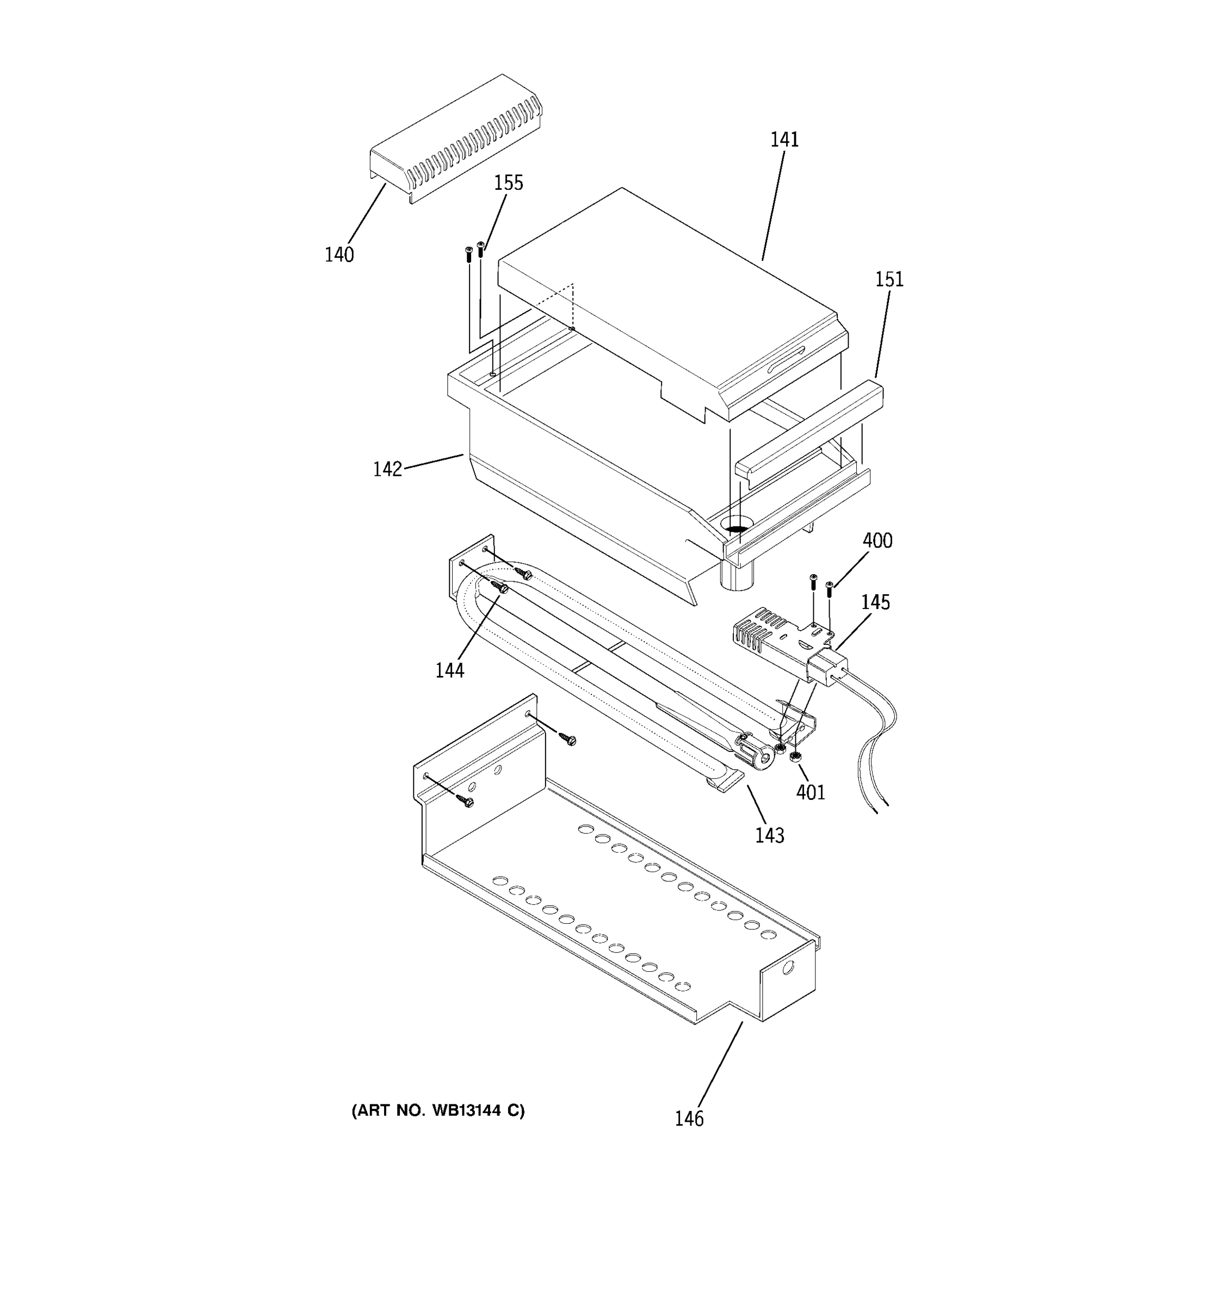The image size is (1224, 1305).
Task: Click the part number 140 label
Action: pyautogui.click(x=339, y=254)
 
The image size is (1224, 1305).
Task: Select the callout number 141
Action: pyautogui.click(x=784, y=140)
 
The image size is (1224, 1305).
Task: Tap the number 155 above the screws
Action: pyautogui.click(x=508, y=183)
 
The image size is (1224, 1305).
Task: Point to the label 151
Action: pyautogui.click(x=889, y=279)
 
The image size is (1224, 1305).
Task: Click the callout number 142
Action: pyautogui.click(x=387, y=469)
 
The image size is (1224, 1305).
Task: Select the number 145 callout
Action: pyautogui.click(x=875, y=602)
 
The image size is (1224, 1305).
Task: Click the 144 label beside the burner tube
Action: pyautogui.click(x=449, y=670)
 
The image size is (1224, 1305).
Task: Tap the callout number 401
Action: pyautogui.click(x=811, y=792)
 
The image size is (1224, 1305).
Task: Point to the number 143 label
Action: pyautogui.click(x=769, y=836)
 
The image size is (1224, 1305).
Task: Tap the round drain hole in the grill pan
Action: pyautogui.click(x=737, y=525)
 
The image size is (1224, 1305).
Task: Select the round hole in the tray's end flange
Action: pyautogui.click(x=788, y=967)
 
